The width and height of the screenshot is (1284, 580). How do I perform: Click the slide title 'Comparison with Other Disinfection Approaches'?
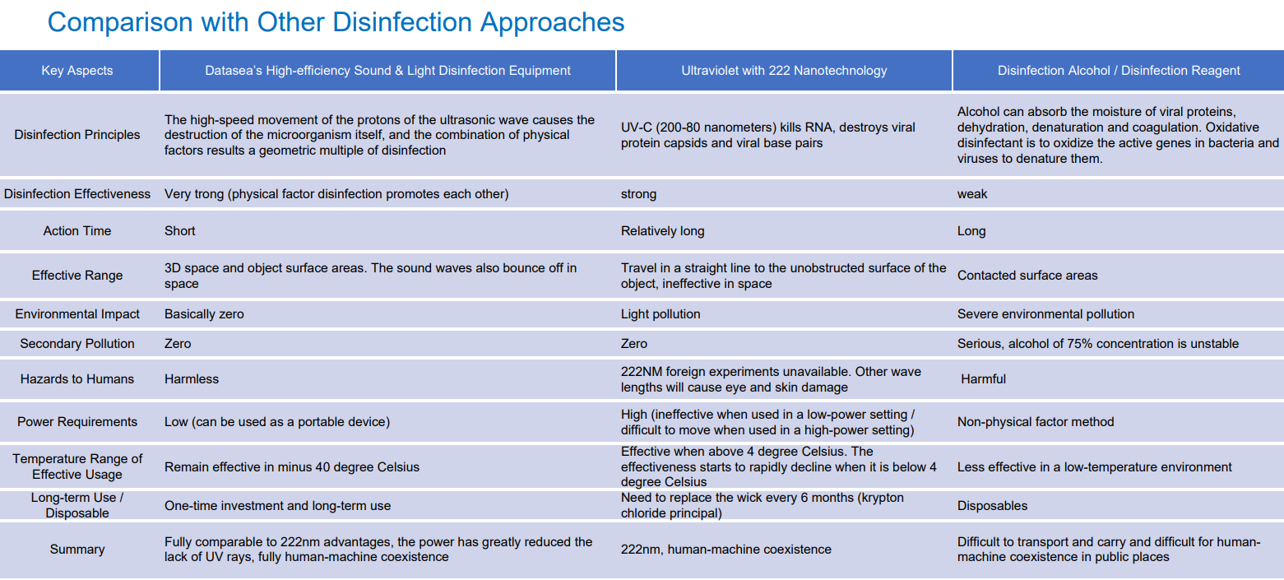336,23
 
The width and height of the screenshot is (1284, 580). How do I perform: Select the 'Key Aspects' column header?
76,71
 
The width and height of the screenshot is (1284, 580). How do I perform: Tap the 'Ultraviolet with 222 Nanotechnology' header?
784,71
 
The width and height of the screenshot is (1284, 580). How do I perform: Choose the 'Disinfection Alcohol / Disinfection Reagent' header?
1119,71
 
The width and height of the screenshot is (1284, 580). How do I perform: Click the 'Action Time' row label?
76,231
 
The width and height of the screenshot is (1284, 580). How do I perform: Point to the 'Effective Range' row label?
76,275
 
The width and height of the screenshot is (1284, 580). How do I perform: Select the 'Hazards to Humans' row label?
76,378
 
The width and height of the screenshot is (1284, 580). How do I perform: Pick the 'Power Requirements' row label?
76,422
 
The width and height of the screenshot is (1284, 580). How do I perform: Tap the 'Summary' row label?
76,549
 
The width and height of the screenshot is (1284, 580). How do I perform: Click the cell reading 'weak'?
972,193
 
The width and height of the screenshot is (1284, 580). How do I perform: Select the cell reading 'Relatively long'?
663,231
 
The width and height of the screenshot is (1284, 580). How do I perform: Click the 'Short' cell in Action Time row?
180,231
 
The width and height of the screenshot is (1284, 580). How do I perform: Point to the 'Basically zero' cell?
204,314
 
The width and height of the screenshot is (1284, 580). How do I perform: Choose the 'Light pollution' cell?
661,314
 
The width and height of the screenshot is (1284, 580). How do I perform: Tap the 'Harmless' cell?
192,378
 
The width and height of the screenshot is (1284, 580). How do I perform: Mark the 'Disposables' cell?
992,505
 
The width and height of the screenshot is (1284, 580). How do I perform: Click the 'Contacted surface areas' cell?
1027,275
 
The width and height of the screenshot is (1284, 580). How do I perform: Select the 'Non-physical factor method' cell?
1036,422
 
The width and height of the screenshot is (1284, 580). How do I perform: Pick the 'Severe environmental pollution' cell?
1045,314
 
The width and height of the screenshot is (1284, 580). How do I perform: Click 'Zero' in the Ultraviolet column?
634,343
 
